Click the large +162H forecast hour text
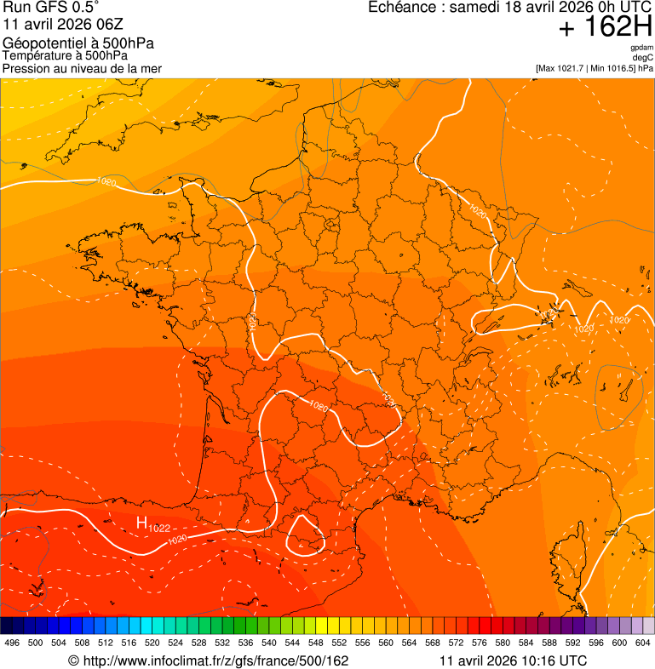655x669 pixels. tap(605, 28)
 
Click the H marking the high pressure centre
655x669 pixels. tap(141, 523)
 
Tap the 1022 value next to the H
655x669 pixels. tap(159, 529)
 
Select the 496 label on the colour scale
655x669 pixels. tap(12, 643)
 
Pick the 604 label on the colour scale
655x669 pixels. tap(642, 643)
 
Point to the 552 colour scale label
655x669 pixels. tap(339, 643)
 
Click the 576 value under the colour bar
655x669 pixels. tap(479, 643)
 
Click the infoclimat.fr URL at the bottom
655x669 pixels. tap(209, 660)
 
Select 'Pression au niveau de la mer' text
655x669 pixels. tap(82, 68)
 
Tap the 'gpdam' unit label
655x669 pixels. tap(642, 48)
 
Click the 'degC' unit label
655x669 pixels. tap(644, 57)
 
